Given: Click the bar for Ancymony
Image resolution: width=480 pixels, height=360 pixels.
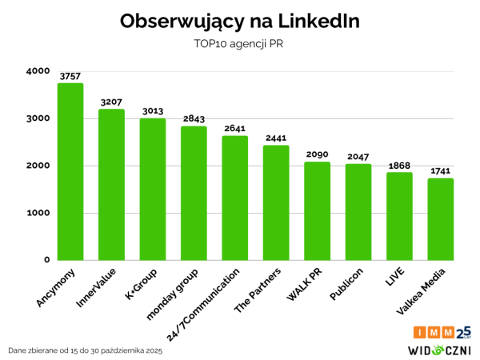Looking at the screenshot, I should (x=70, y=172).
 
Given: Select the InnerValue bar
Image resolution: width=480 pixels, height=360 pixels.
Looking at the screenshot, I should (x=111, y=185).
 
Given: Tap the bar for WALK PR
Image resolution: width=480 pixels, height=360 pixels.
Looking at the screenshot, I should (x=317, y=211).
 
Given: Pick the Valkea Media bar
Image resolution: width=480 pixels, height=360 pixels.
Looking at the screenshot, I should (x=440, y=219).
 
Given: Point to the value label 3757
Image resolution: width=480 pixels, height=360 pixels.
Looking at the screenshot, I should (x=70, y=76).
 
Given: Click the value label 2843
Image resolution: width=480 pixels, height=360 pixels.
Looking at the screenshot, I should (x=194, y=119).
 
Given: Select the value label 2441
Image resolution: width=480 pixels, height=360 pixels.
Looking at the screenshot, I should (x=276, y=138).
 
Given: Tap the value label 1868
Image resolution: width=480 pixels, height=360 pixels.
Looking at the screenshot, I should (x=399, y=165).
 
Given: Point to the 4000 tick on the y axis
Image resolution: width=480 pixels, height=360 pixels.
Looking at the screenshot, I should (x=38, y=71).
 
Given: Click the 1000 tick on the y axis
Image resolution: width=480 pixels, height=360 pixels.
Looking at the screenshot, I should (x=38, y=213).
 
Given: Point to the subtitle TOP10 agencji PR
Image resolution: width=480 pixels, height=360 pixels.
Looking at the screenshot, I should (x=239, y=46).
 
